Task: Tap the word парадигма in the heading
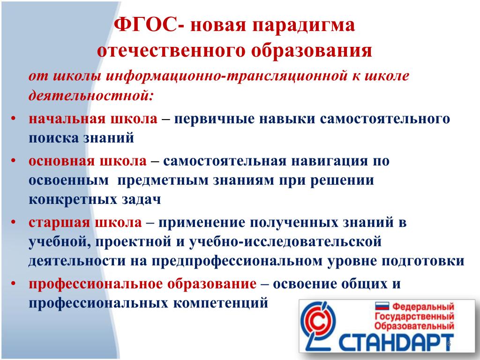[304, 26]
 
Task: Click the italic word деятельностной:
[90, 95]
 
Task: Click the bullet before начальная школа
[13, 118]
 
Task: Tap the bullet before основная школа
[13, 160]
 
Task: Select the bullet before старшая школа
[13, 222]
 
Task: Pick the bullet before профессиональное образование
[13, 284]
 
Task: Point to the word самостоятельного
[385, 119]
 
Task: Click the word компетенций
[221, 303]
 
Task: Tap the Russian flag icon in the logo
[382, 306]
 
